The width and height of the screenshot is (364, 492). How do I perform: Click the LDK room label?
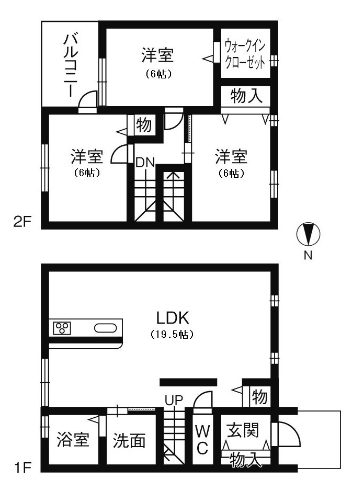[173, 318]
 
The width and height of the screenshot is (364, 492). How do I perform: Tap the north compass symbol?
[308, 234]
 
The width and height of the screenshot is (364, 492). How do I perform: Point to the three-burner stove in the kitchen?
[62, 328]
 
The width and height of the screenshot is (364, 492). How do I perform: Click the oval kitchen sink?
[106, 328]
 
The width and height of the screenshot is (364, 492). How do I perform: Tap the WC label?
[202, 440]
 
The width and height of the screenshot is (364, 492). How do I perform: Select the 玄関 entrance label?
[243, 430]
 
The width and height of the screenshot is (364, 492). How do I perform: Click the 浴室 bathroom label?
[73, 440]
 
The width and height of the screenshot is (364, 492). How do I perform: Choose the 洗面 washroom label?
[129, 440]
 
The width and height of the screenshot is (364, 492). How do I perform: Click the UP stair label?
[174, 400]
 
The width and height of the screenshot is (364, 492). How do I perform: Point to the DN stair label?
[145, 163]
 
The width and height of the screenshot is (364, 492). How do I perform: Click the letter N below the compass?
[308, 256]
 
